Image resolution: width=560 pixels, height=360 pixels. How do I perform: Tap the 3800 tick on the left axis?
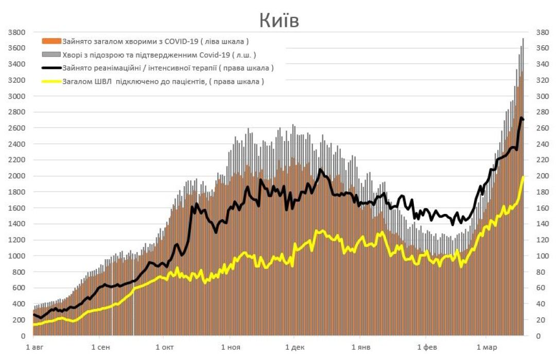(17, 32)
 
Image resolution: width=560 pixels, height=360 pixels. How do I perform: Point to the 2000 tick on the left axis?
(17, 176)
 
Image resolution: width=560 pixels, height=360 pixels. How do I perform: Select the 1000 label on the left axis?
(17, 256)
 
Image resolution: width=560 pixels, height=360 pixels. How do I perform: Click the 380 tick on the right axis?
(544, 32)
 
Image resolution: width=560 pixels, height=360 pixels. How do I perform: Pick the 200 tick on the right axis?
(544, 176)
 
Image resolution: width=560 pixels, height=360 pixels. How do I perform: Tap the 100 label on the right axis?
(544, 256)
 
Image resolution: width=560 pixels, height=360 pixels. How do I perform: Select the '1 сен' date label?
(101, 348)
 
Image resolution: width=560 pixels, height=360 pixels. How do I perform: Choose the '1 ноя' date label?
(230, 348)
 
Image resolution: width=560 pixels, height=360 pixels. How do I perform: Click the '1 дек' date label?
(294, 348)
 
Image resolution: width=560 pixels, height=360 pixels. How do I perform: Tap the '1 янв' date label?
(360, 348)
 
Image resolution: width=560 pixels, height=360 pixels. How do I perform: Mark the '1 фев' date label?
(426, 348)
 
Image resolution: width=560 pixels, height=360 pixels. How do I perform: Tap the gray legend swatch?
(51, 55)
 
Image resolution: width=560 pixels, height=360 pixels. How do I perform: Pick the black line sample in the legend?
(51, 68)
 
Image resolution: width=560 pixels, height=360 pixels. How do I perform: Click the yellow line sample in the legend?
(51, 81)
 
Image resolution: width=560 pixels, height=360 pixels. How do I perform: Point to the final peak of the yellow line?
(523, 177)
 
